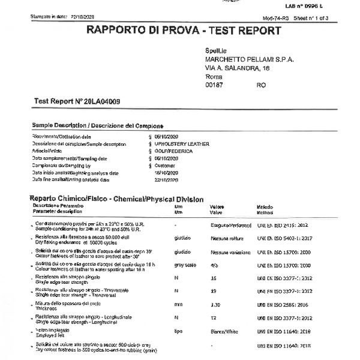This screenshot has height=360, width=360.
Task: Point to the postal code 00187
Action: (x=214, y=86)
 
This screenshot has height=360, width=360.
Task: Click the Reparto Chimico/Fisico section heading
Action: (x=116, y=199)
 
